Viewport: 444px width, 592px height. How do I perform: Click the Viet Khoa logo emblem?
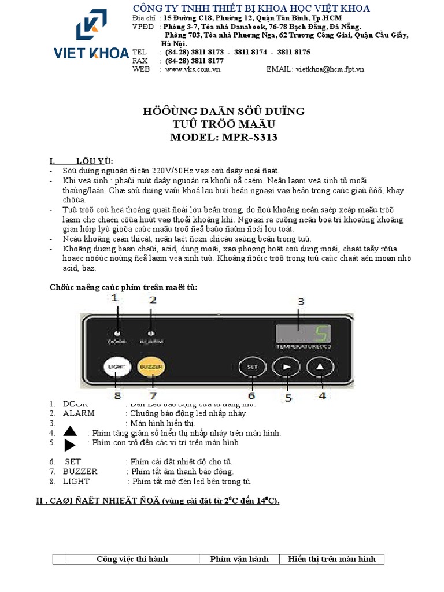(x=91, y=26)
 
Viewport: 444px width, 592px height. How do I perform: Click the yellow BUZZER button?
(x=152, y=367)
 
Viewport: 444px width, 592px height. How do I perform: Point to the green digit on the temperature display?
(x=321, y=333)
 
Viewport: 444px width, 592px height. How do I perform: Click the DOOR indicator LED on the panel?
(x=117, y=333)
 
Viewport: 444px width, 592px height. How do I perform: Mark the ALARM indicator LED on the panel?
(x=151, y=333)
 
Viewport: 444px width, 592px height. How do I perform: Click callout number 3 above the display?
(x=300, y=302)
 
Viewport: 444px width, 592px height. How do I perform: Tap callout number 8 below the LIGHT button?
(x=117, y=396)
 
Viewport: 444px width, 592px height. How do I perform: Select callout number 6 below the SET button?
(x=251, y=396)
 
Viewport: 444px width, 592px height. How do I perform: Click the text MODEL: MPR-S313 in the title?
(x=224, y=138)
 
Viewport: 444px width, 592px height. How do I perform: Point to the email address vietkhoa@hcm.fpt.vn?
(x=331, y=69)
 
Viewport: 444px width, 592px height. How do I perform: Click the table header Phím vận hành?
(x=239, y=559)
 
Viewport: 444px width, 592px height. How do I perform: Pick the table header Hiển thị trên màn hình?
(x=332, y=559)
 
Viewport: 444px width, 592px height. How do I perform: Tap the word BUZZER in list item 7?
(x=80, y=472)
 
